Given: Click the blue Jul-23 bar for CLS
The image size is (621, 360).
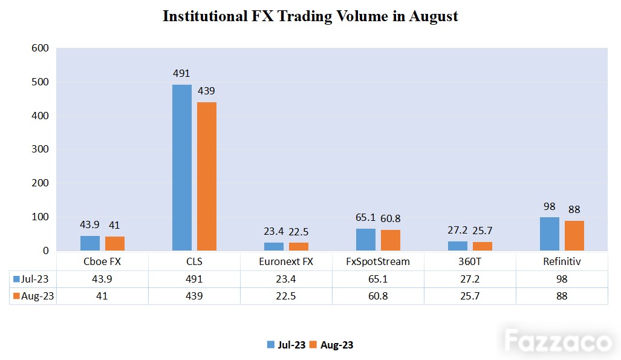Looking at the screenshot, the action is click(182, 168).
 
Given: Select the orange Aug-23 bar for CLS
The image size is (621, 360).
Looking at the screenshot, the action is click(207, 177).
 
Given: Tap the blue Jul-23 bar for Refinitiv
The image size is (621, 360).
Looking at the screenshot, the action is click(550, 234).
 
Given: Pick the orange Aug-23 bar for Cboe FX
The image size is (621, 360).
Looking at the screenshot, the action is click(115, 243).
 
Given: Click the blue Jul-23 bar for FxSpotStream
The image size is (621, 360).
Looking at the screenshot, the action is click(366, 240).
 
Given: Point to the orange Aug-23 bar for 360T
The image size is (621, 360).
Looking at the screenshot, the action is click(483, 246).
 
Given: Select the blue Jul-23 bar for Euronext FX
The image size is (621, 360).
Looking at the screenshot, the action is click(274, 247).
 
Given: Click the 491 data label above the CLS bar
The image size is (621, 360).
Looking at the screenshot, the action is click(181, 73).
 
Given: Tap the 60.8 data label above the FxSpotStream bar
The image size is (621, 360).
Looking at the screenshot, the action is click(391, 218).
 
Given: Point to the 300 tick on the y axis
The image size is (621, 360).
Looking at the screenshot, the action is click(40, 149).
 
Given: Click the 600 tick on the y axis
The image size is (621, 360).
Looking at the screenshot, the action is click(40, 48).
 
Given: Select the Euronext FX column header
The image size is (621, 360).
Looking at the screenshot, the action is click(286, 261).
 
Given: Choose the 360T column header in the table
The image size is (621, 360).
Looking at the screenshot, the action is click(470, 261).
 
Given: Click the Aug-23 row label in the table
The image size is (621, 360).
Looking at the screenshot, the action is click(34, 296).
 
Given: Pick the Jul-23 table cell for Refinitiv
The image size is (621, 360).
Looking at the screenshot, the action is click(562, 279).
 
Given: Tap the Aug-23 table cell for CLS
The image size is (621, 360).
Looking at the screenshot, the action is click(194, 296).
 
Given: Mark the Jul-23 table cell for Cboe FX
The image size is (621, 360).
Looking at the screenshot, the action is click(102, 279).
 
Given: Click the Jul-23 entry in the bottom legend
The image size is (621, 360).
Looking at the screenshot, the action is click(287, 345).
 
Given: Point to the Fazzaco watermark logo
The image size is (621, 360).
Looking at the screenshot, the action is click(558, 341).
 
